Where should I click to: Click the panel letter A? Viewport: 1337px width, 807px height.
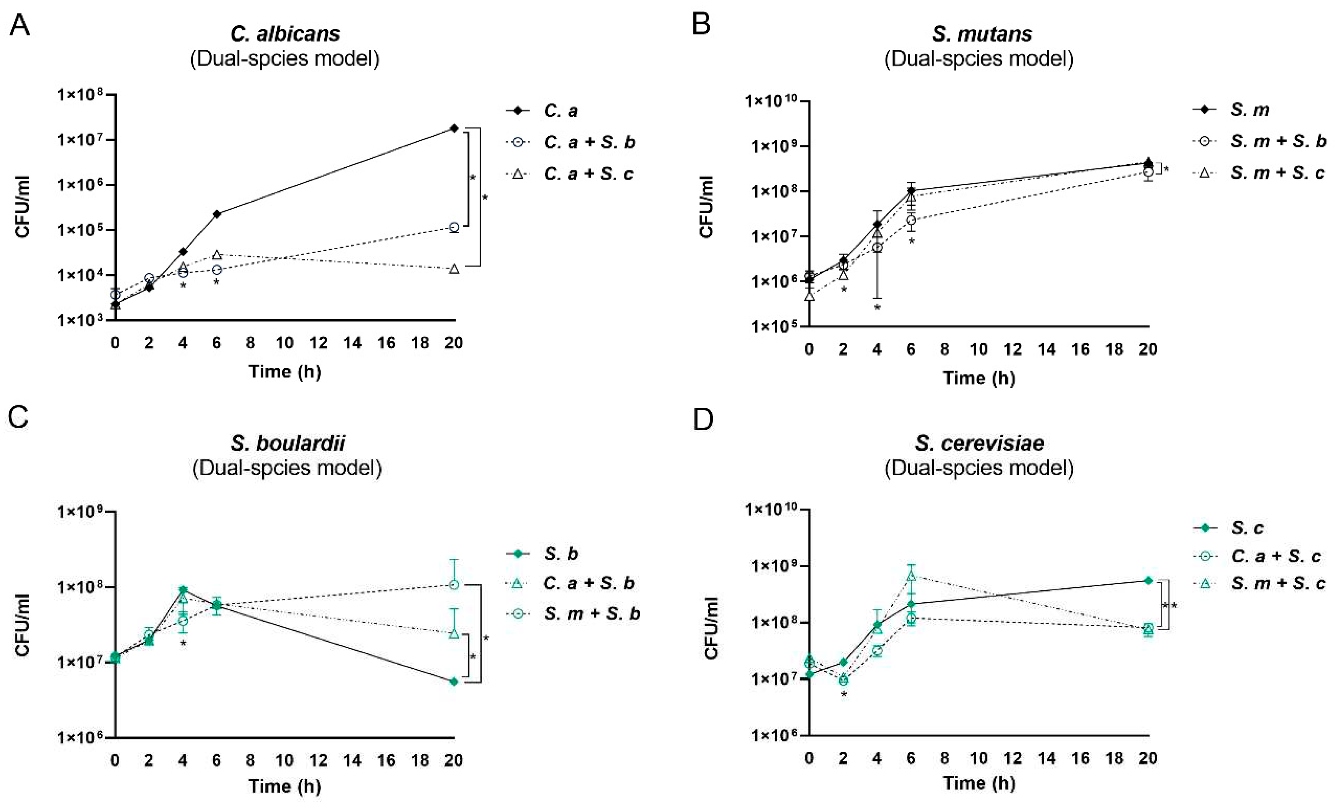coord(20,25)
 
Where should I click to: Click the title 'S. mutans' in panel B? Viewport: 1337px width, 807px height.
coord(982,34)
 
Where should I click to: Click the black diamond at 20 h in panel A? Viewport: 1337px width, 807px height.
coord(454,128)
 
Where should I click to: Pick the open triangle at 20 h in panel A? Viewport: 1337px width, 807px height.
coord(454,268)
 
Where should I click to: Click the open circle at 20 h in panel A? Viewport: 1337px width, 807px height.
coord(454,227)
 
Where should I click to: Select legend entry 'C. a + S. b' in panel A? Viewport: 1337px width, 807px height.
coord(589,142)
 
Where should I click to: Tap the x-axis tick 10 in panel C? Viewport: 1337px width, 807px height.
coord(284,760)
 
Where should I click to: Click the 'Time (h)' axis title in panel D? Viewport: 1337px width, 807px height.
coord(979,782)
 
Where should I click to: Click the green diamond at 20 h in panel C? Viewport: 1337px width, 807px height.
coord(454,682)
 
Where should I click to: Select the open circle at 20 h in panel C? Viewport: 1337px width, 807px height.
coord(454,585)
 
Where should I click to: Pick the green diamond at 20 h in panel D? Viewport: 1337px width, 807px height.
coord(1148,580)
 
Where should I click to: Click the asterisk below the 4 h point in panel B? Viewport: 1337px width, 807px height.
coord(877,308)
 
